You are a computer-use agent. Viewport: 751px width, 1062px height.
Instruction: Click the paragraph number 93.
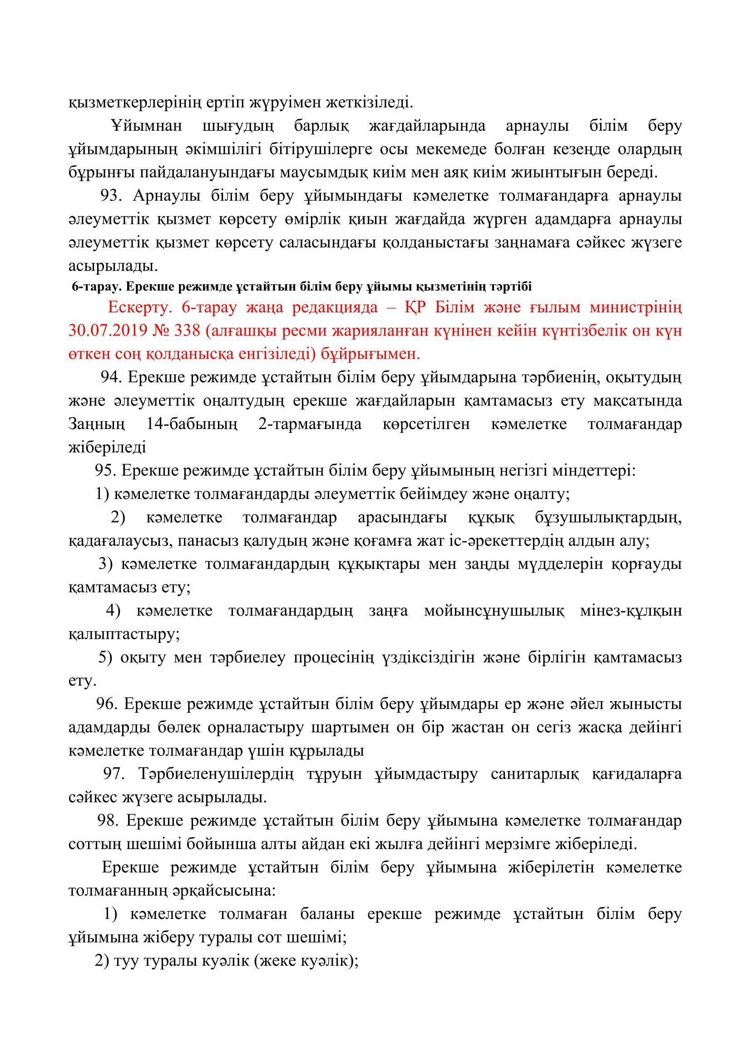[110, 196]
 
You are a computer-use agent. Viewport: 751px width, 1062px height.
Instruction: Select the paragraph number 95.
[104, 470]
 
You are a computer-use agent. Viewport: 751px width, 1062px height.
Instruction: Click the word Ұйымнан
[147, 126]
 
